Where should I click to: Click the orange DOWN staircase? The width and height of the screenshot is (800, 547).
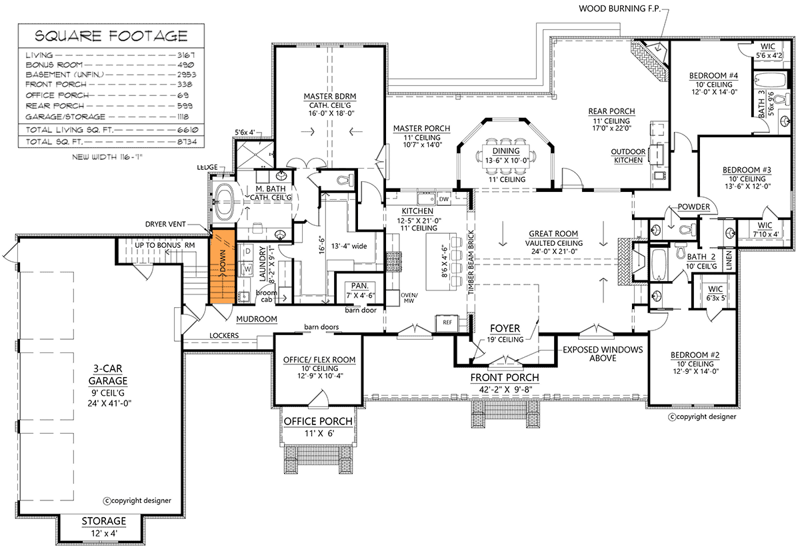222,267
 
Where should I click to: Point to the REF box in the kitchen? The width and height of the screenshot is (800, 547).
447,322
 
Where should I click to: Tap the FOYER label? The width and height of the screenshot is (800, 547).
506,328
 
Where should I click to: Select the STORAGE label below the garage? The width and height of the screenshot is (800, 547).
103,520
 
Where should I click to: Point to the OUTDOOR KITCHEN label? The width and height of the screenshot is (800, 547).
628,155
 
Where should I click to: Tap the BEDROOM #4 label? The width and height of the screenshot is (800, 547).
713,75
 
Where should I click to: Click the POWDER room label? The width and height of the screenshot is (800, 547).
694,207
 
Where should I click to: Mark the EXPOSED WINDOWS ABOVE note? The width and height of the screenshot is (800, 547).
602,353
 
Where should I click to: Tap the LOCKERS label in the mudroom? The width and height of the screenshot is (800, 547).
224,336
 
